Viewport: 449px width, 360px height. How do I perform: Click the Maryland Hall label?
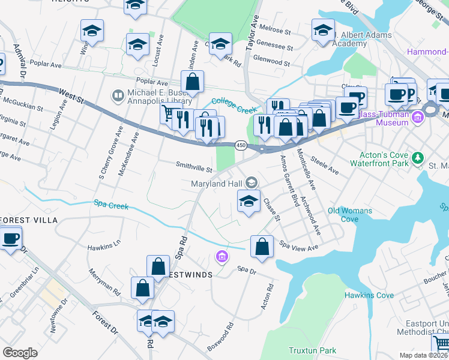click(x=217, y=183)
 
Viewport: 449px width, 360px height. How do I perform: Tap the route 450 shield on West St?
click(x=241, y=145)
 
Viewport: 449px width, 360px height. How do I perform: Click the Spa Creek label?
click(x=111, y=206)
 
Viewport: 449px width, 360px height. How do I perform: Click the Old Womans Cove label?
click(x=350, y=215)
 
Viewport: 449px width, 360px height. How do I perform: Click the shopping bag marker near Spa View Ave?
click(x=262, y=247)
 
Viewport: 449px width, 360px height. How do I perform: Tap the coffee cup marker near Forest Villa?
click(x=10, y=238)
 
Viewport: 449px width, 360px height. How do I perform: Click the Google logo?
click(x=20, y=353)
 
